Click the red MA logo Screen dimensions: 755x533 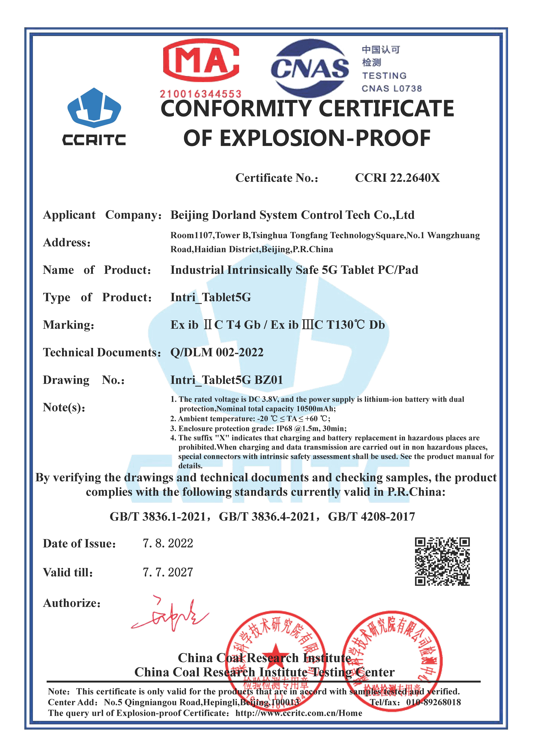[x=201, y=60]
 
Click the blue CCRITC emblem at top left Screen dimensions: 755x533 [x=94, y=108]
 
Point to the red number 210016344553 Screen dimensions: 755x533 [x=201, y=94]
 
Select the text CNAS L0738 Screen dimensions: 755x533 [x=391, y=88]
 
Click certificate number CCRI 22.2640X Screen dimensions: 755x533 [x=397, y=178]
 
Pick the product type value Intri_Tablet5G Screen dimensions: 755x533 [x=211, y=297]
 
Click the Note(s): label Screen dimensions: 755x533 [x=64, y=407]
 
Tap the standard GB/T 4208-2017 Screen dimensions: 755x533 [x=371, y=517]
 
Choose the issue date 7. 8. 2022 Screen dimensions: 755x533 [x=168, y=543]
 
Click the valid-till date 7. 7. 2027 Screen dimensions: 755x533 [x=168, y=572]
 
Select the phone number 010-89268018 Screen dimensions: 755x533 [x=433, y=702]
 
